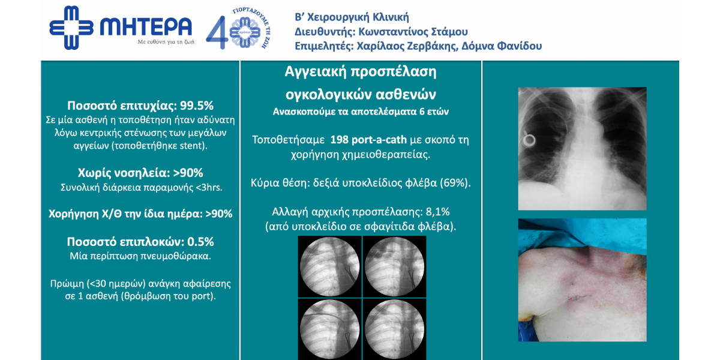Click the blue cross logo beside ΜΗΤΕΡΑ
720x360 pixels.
click(71, 28)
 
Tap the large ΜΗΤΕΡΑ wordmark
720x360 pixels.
click(146, 26)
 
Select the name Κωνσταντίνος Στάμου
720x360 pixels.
click(413, 32)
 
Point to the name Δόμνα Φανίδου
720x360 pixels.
click(502, 46)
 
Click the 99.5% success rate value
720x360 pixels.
click(197, 106)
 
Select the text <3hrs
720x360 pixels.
click(209, 187)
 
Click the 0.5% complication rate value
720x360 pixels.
click(200, 242)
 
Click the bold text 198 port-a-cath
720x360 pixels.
click(368, 140)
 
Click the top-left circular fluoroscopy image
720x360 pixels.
click(329, 266)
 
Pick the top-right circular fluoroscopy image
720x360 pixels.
click(394, 266)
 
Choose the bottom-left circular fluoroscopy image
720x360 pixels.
click(329, 329)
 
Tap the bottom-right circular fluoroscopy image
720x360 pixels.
click(394, 329)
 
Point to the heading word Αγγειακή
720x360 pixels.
click(316, 72)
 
